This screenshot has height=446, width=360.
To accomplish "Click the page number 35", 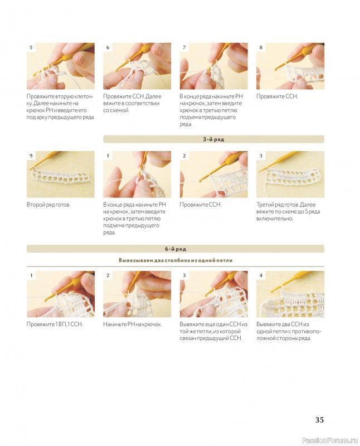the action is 319,420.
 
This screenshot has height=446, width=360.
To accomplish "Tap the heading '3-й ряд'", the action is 213,139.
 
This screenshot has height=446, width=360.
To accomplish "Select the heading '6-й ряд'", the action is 176,249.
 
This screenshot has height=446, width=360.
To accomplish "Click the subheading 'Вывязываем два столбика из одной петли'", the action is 176,260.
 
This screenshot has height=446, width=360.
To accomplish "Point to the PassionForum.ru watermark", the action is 329,440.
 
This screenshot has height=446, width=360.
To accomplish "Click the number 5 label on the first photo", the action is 31,47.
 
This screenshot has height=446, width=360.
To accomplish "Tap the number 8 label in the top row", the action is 261,47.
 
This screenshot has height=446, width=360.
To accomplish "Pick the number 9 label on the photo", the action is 31,156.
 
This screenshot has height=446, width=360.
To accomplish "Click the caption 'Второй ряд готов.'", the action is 48,205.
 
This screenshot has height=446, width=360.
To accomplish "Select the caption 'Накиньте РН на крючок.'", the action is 133,324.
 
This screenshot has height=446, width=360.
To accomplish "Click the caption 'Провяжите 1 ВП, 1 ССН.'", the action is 55,324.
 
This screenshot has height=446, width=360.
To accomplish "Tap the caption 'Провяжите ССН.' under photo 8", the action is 278,96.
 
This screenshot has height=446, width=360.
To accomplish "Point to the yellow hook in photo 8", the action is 295,58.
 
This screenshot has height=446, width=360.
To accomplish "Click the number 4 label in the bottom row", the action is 261,275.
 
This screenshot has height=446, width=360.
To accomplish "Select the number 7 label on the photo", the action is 184,47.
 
